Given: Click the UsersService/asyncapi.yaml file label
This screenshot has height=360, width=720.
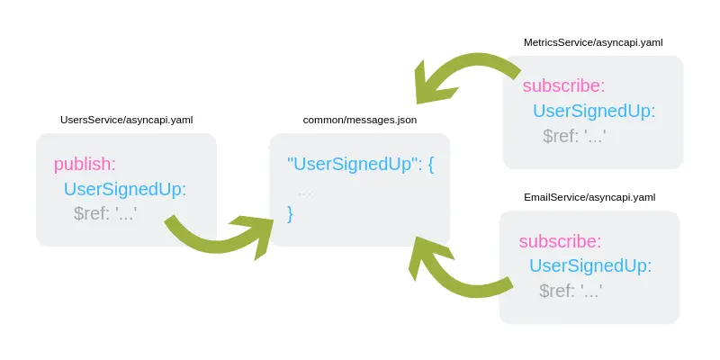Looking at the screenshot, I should point(126,120).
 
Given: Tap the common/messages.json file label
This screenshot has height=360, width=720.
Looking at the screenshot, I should point(360,120).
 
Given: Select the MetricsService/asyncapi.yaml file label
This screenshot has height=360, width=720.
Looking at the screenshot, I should point(594,42).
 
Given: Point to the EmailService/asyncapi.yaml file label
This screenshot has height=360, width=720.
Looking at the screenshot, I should point(589,197).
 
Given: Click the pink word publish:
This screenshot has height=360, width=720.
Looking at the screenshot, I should point(85,164).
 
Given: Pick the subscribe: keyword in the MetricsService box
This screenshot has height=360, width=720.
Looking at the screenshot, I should point(563,86).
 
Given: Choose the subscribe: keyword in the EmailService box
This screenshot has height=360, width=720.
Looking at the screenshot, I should point(560,241).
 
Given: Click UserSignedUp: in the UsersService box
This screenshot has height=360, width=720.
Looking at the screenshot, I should point(124,189).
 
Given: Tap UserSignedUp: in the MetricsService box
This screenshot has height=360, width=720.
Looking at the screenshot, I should point(594,112).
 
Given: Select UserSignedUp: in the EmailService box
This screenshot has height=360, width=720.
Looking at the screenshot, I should point(590,266).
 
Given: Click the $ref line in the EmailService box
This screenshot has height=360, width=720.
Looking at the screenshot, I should point(571,291).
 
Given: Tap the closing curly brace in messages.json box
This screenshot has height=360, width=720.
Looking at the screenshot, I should point(290,213).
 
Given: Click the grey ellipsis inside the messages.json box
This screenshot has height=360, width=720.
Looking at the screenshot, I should point(305,191).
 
